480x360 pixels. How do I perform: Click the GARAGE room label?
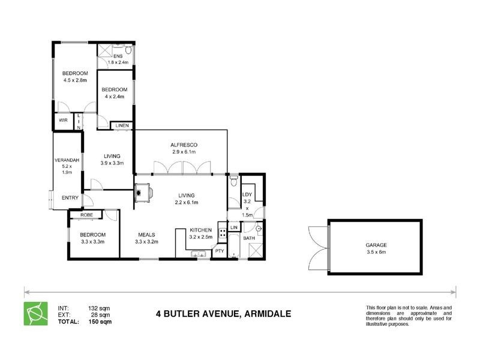pyautogui.click(x=376, y=245)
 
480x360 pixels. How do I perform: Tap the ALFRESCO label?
pyautogui.click(x=184, y=146)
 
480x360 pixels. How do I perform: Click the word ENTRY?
pyautogui.click(x=70, y=199)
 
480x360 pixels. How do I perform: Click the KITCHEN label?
pyautogui.click(x=200, y=230)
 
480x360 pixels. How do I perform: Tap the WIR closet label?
pyautogui.click(x=62, y=121)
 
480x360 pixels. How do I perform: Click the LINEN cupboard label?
pyautogui.click(x=122, y=125)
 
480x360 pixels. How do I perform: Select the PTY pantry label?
pyautogui.click(x=220, y=251)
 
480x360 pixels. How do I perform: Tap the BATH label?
pyautogui.click(x=249, y=239)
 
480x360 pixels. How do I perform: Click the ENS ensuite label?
pyautogui.click(x=118, y=56)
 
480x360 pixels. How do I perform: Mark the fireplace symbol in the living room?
pyautogui.click(x=143, y=193)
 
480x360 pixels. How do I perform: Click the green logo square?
pyautogui.click(x=35, y=314)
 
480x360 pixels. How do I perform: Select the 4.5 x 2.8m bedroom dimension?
pyautogui.click(x=75, y=80)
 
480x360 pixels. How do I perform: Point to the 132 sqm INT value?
pyautogui.click(x=100, y=308)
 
